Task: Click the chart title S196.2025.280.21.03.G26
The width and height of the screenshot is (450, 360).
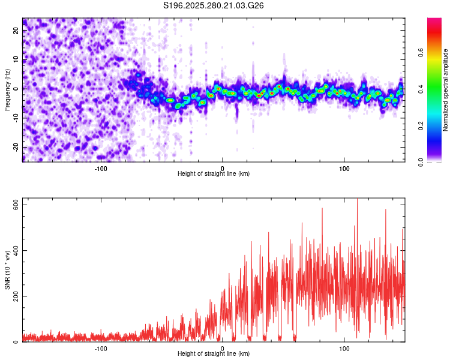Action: click(x=214, y=6)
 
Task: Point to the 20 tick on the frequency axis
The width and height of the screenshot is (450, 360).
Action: click(x=16, y=31)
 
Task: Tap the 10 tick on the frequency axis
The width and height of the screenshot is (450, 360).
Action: click(x=16, y=59)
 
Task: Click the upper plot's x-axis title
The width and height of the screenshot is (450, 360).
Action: click(x=214, y=173)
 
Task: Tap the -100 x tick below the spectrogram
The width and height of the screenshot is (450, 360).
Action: click(x=101, y=168)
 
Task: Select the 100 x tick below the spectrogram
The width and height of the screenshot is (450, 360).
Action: click(x=344, y=168)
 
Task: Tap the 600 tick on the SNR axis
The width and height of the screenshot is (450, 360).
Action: click(x=16, y=205)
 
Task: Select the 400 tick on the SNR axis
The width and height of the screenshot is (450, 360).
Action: click(x=16, y=250)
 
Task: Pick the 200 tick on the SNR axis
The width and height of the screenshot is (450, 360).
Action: click(x=16, y=296)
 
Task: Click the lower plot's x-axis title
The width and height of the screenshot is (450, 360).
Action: click(x=214, y=353)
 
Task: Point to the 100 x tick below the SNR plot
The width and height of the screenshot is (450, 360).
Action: click(x=344, y=348)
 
